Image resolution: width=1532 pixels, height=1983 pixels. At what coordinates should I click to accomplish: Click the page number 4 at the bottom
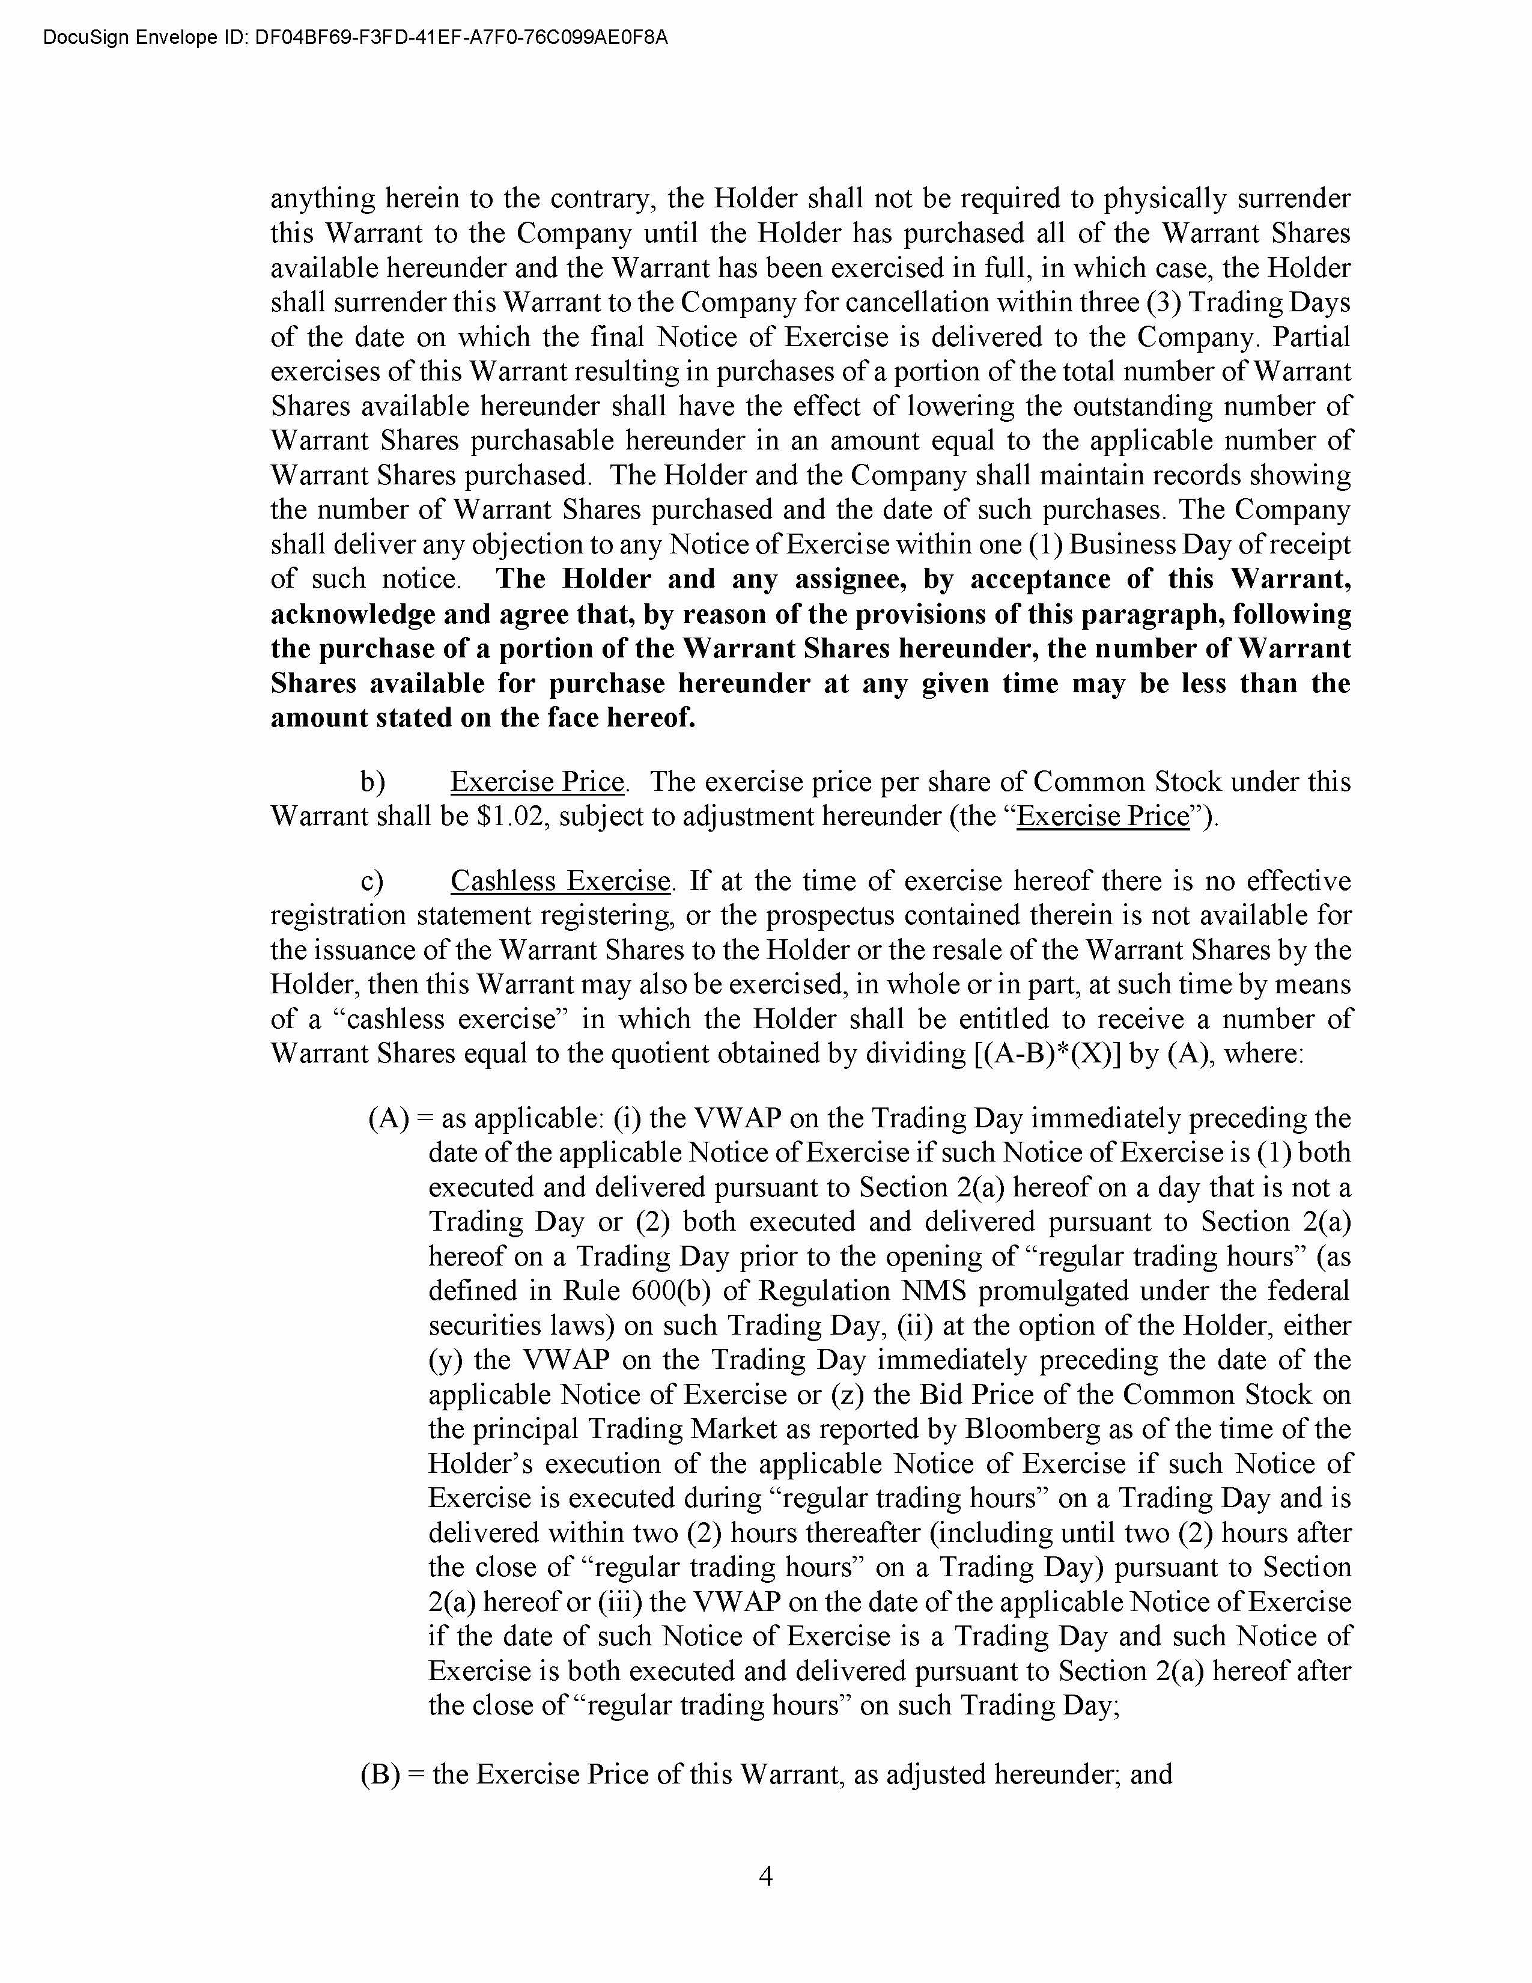tap(765, 1876)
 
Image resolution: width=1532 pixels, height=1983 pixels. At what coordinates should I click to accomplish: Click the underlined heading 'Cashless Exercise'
tap(560, 881)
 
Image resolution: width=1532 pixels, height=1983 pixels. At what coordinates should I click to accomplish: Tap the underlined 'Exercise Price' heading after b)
tap(537, 782)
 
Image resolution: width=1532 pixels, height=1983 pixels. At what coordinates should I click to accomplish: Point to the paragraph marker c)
tap(372, 881)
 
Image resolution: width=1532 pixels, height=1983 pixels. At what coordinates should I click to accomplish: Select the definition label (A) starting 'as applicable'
tap(389, 1119)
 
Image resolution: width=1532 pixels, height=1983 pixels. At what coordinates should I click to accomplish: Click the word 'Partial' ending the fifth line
tap(1312, 337)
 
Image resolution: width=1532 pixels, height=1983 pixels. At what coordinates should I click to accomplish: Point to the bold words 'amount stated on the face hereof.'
tap(483, 717)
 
